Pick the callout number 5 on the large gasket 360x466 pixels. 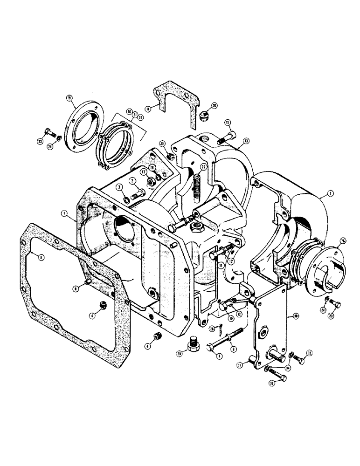[x=42, y=257]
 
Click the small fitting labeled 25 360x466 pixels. [x=171, y=157]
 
